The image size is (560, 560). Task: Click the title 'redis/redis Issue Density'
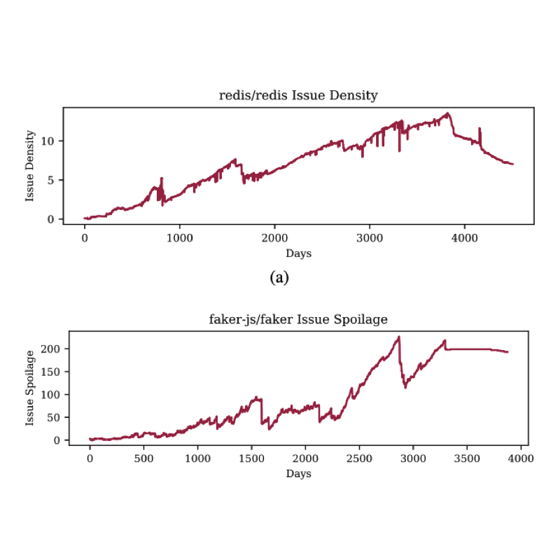coord(299,96)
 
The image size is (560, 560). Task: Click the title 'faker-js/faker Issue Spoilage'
coord(299,320)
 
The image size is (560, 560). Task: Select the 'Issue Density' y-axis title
coord(30,166)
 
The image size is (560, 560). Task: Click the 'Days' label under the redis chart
coord(299,253)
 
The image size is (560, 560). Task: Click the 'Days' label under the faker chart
coord(299,474)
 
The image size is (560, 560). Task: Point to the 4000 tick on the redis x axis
coord(465,237)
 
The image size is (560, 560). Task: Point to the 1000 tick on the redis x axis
coord(179,237)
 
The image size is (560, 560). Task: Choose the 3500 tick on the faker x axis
coord(467,458)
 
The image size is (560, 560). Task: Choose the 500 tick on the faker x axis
coord(143,458)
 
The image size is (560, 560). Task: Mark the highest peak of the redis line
coord(447,113)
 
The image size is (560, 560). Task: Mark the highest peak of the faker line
coord(399,337)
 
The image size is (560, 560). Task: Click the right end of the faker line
coord(507,351)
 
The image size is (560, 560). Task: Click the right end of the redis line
coord(513,164)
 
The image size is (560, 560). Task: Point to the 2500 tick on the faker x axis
coord(359,458)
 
